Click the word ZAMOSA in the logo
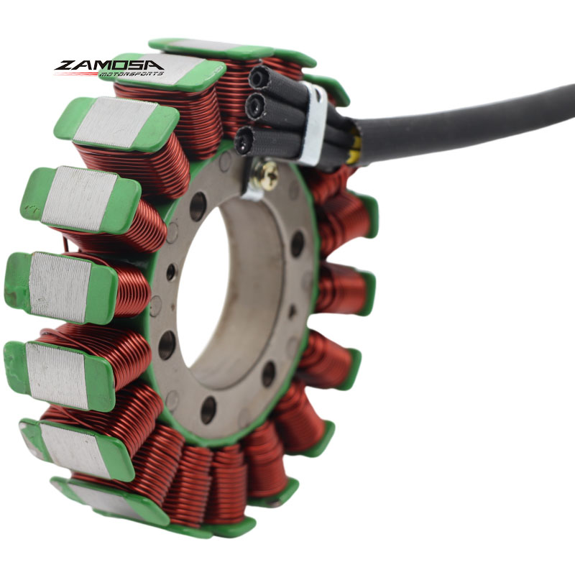(109, 65)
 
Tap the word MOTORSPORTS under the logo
(130, 74)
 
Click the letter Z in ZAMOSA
(66, 65)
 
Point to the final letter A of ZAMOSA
(152, 65)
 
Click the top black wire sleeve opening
(259, 78)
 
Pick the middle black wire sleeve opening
(254, 105)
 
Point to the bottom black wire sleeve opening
(244, 139)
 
